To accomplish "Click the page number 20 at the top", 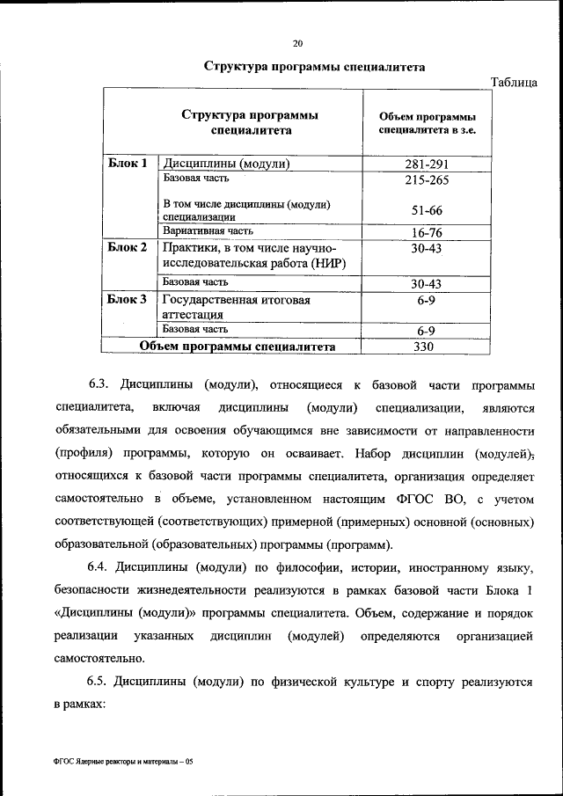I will [x=297, y=42].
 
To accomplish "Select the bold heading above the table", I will [x=302, y=66].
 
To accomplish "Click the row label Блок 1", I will [x=128, y=164].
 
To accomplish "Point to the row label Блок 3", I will [x=128, y=300].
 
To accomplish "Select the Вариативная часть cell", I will [x=208, y=231].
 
